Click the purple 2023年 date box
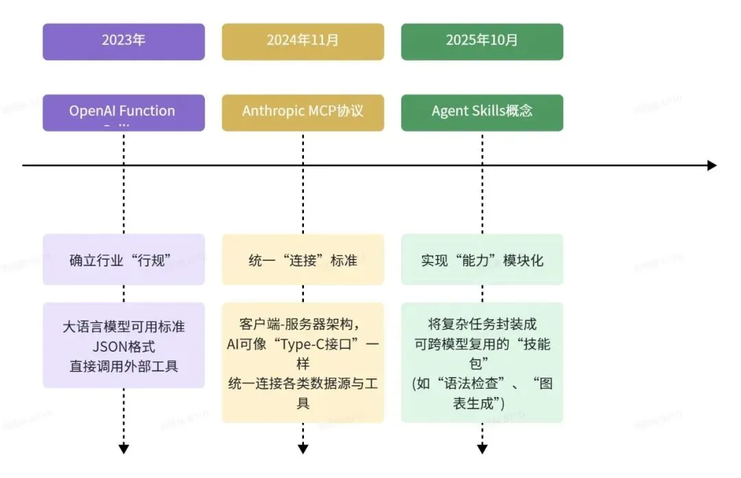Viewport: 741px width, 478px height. pos(123,41)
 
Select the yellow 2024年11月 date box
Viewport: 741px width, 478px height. pos(303,41)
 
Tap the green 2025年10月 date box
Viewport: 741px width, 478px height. pos(482,41)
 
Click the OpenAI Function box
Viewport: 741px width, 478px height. pos(123,112)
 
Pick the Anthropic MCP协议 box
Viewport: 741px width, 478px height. pos(303,111)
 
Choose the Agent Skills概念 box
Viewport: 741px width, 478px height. pos(482,111)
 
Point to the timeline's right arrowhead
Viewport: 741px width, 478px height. pos(711,166)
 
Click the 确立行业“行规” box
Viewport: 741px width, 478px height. pos(123,260)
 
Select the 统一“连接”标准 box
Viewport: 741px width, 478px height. pos(303,260)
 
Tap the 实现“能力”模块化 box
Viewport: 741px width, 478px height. pos(482,260)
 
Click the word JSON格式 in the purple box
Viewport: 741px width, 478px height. pos(123,346)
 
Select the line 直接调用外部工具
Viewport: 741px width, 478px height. pos(123,366)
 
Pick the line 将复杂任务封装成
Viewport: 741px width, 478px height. pos(482,325)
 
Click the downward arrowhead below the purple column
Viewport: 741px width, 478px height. pos(123,449)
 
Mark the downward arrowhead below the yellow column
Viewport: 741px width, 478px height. pos(303,449)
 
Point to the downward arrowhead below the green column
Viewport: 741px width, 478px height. pos(482,449)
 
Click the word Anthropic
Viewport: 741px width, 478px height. pos(272,111)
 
